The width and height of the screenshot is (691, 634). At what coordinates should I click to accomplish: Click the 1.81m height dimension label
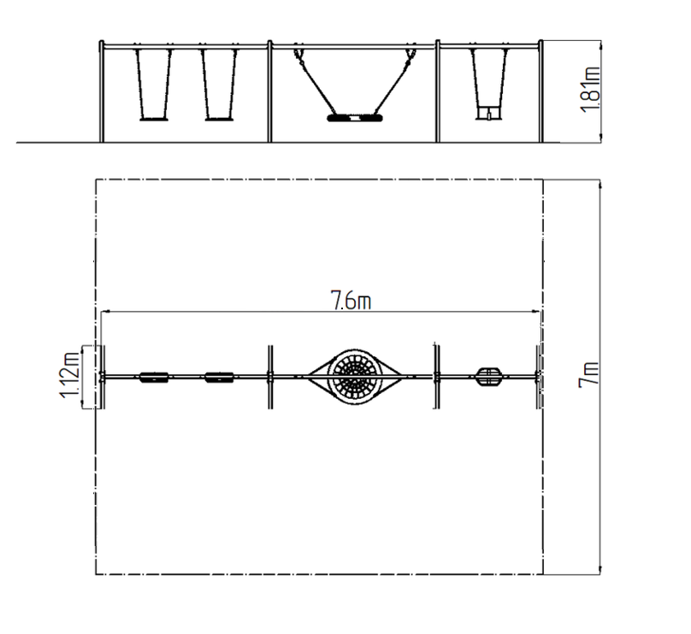tap(589, 90)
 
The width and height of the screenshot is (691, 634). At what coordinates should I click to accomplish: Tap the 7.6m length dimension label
tap(351, 300)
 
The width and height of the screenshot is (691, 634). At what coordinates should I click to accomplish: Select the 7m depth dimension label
tap(588, 374)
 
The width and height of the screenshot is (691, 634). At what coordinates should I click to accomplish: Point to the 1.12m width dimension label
tap(69, 375)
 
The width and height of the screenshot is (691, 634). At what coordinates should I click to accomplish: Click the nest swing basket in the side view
tap(355, 118)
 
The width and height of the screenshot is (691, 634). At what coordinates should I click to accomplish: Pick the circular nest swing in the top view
tap(355, 377)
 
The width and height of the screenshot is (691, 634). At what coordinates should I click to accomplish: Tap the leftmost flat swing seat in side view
tap(154, 119)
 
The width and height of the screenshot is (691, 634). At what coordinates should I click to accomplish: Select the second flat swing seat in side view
tap(219, 119)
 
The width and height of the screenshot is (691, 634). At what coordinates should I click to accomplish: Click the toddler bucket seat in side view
tap(489, 113)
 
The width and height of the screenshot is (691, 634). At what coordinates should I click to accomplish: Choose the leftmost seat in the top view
tap(154, 378)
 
